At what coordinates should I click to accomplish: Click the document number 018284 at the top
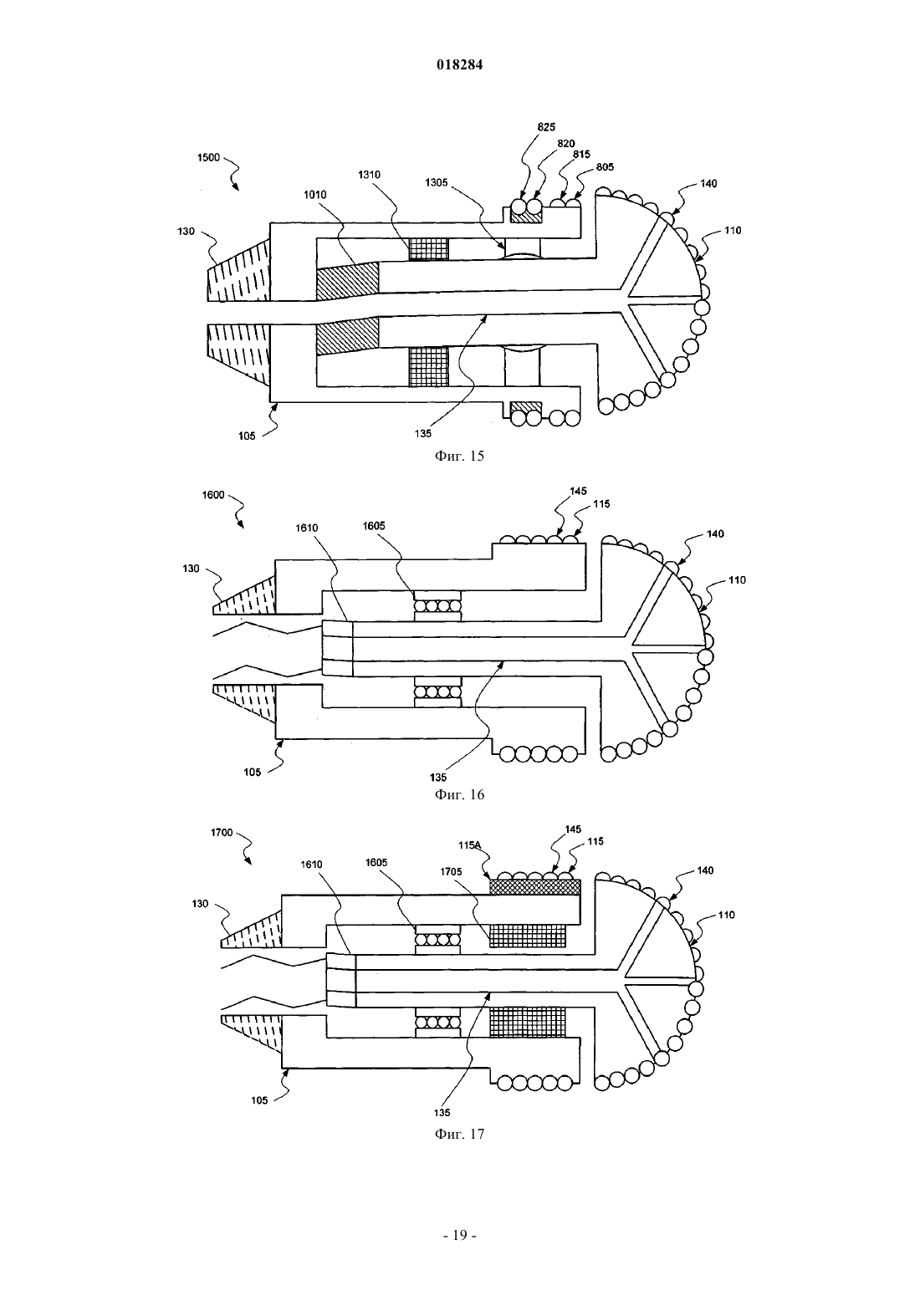tap(459, 64)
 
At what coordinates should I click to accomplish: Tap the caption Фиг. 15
tap(459, 456)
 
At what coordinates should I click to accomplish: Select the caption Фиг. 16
tap(459, 794)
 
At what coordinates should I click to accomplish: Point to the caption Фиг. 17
tap(459, 1135)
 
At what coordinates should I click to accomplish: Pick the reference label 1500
tap(208, 157)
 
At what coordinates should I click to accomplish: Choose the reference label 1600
tap(213, 495)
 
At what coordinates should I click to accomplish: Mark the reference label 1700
tap(222, 832)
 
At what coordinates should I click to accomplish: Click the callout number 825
tap(546, 127)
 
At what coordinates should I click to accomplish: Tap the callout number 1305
tap(437, 182)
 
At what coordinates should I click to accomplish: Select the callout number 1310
tap(369, 174)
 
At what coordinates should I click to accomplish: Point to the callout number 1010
tap(314, 195)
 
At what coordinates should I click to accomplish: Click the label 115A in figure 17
tap(469, 845)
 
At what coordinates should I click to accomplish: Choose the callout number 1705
tap(451, 872)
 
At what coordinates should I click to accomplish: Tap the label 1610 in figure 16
tap(307, 528)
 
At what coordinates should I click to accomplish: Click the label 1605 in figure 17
tap(376, 863)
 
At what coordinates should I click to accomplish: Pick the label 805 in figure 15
tap(605, 167)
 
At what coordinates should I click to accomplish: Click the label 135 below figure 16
tap(438, 777)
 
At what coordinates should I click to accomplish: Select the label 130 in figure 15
tap(186, 231)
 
